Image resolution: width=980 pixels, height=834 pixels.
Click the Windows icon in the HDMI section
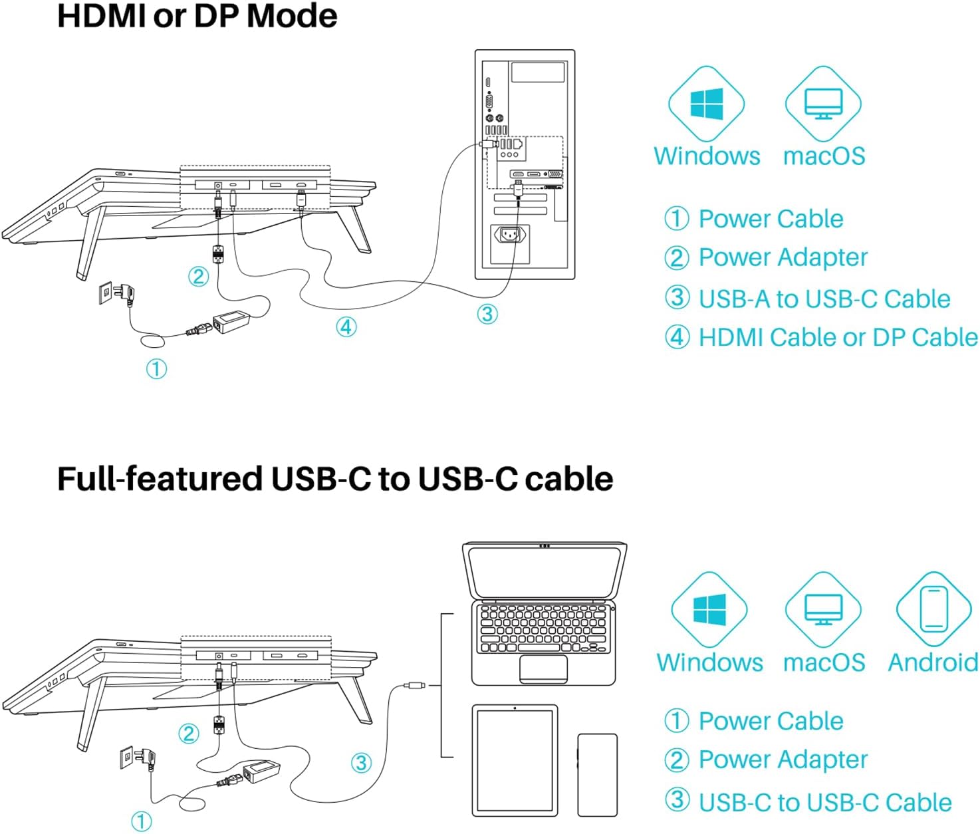point(706,104)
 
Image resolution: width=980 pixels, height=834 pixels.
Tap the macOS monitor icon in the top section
point(823,104)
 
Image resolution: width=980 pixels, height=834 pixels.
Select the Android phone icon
point(933,609)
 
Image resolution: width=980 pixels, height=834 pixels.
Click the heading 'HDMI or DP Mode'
point(197,16)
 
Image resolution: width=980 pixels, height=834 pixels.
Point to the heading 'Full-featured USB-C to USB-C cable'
point(335,479)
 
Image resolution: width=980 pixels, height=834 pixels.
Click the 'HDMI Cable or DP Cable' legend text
point(838,338)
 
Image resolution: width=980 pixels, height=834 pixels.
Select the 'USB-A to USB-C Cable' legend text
point(824,299)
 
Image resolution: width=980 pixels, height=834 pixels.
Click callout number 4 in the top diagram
point(346,327)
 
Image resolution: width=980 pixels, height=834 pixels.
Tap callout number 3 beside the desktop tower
point(487,314)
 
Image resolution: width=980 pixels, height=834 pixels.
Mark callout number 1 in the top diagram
point(156,368)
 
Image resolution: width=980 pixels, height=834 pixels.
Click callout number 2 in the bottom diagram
point(189,734)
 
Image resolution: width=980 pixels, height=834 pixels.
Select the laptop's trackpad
point(543,668)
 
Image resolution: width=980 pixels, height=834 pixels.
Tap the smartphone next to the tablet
point(597,775)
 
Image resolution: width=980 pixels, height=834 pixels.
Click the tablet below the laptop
point(515,760)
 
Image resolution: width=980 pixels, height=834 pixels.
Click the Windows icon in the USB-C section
point(709,609)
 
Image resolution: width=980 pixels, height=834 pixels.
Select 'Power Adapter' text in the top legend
point(783,257)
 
